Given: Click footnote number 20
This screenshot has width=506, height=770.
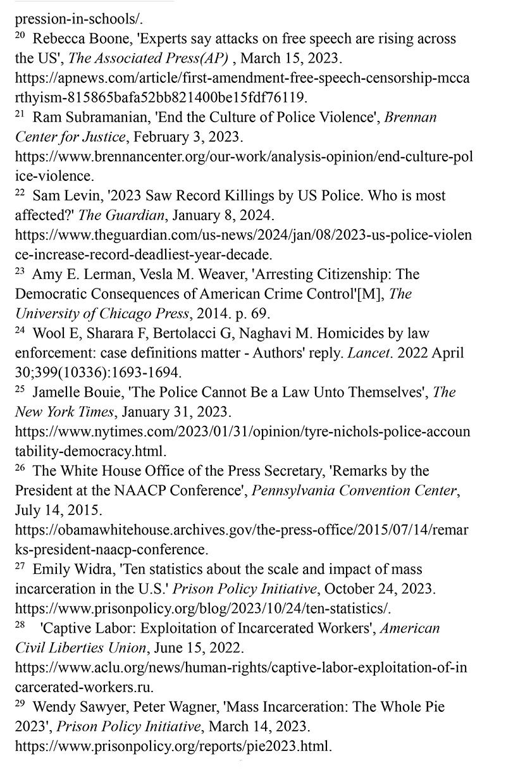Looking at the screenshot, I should tap(20, 36).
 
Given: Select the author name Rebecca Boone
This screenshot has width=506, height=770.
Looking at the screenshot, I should tap(80, 39).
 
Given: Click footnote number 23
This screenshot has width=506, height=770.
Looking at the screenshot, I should tap(20, 271).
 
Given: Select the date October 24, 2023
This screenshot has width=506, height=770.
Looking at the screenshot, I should tap(378, 589).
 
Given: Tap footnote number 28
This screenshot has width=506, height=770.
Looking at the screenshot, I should tap(20, 625).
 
